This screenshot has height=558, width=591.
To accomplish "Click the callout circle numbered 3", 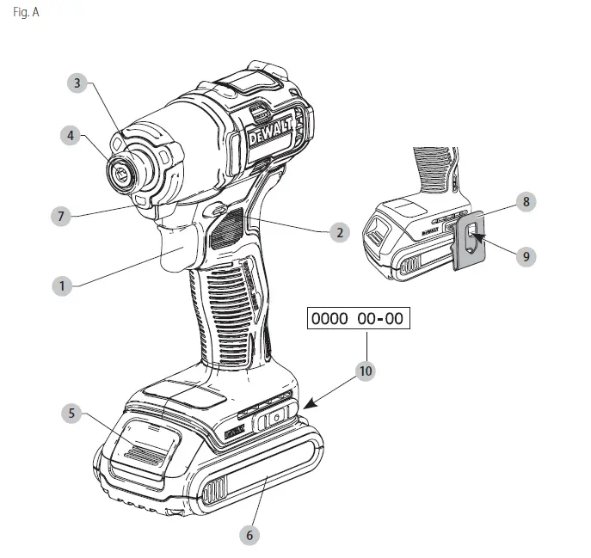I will coord(77,83).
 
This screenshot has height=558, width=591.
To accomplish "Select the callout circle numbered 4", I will coord(71,136).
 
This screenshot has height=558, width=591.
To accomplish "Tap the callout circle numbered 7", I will coord(60,216).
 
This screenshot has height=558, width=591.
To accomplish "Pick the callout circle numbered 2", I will coord(340,231).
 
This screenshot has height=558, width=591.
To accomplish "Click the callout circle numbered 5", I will coord(73,413).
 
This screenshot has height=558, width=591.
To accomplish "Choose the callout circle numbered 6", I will coord(249,534).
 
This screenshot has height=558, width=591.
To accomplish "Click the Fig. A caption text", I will coord(26,13).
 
